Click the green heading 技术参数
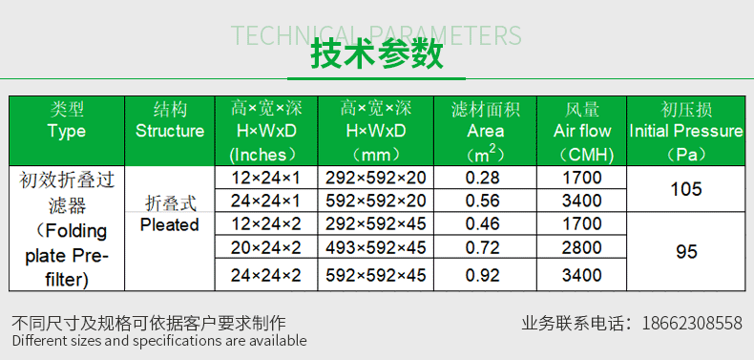point(377,54)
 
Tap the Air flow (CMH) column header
point(582,131)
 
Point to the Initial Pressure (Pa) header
point(686,131)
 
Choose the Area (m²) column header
point(485,131)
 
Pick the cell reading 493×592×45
point(377,248)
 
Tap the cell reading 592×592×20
point(377,201)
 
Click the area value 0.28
point(484,178)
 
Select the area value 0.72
point(484,248)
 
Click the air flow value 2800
point(582,248)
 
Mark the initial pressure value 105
point(686,189)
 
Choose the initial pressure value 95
point(686,252)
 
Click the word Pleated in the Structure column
point(169,225)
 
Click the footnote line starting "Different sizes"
point(159,341)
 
